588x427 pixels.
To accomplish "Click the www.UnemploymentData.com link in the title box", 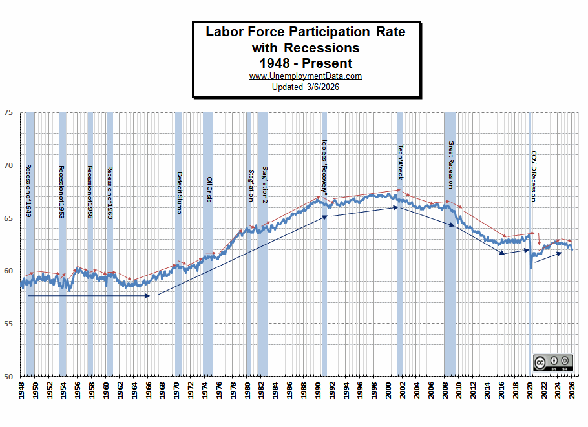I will (306, 76).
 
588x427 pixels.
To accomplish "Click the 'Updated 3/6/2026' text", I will (306, 87).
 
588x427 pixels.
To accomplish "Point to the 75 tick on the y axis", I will (8, 112).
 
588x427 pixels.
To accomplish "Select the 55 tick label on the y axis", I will (8, 323).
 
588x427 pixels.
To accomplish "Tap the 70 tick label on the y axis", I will (8, 165).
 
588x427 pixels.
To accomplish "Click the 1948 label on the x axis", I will (21, 392).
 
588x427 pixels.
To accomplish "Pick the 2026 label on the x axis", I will (572, 392).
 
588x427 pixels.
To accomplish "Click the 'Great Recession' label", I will (450, 165).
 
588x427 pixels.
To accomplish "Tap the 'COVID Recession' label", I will (533, 176).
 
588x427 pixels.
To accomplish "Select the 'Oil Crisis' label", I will (209, 190).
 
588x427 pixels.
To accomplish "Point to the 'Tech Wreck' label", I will (400, 162).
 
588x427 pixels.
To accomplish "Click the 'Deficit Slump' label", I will (180, 193).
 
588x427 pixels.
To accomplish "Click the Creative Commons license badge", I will (553, 363).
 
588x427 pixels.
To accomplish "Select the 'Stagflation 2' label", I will (264, 185).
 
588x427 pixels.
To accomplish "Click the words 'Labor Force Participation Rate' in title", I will (306, 32).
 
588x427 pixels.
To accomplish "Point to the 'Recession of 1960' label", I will (110, 193).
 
